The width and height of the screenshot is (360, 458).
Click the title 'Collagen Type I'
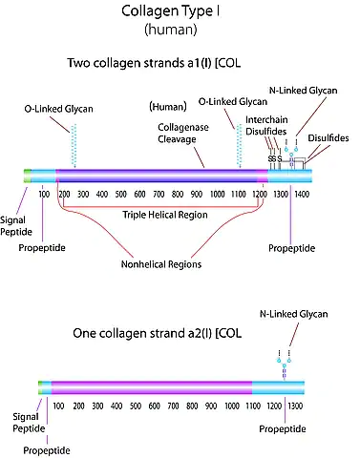point(171,11)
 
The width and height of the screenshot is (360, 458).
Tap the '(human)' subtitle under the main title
point(171,30)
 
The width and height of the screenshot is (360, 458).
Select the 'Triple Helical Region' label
point(165,215)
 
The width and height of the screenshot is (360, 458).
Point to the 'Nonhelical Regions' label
point(161,264)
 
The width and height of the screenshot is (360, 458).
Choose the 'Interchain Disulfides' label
point(266,126)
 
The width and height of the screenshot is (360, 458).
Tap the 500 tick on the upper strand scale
point(120,194)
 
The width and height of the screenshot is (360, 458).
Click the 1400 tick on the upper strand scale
point(302,194)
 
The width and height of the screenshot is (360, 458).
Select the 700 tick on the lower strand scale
point(173,406)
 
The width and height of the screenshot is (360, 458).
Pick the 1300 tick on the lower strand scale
point(295,406)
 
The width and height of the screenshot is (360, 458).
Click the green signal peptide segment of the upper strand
point(28,176)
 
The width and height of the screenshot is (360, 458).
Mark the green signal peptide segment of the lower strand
point(40,387)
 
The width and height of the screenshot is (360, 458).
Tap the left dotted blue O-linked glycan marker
point(74,146)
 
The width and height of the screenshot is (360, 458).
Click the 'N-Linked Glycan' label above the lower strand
point(293,314)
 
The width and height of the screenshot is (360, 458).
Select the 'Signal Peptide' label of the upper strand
point(16,226)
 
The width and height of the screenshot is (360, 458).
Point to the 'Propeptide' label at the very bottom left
point(47,450)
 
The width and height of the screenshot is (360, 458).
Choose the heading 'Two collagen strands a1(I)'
point(139,63)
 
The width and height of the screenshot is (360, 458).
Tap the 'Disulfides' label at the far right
point(328,138)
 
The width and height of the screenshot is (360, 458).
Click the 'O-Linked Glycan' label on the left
point(59,109)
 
